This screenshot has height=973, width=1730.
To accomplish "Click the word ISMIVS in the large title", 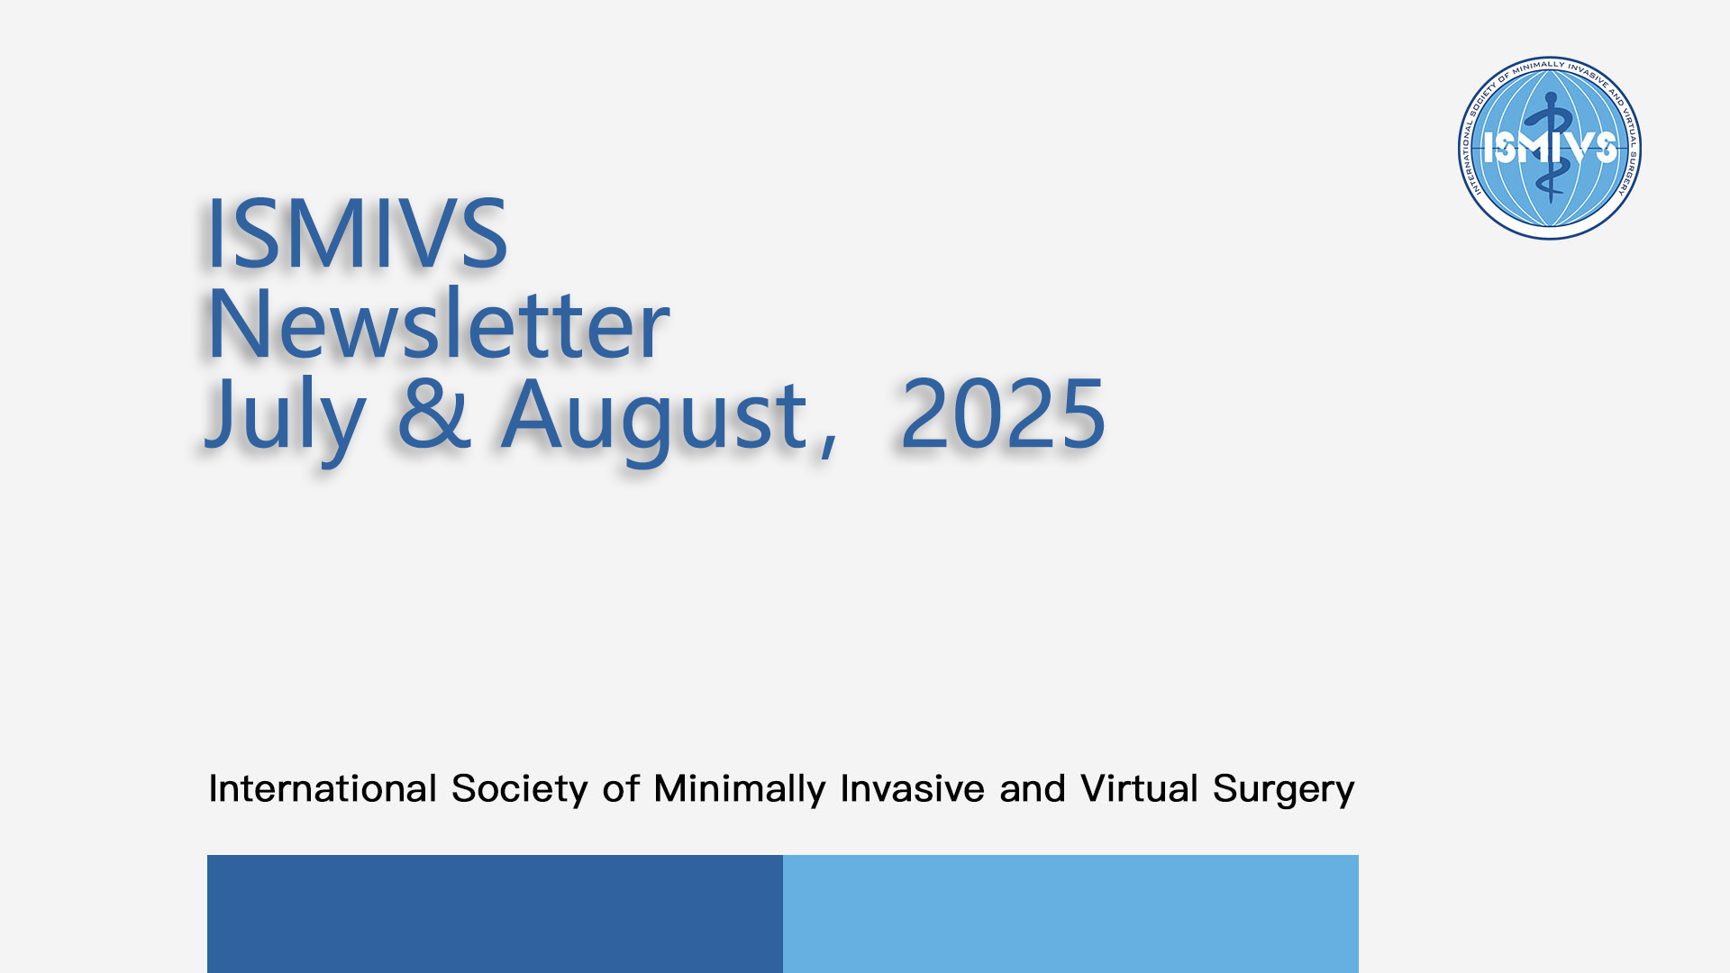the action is pyautogui.click(x=358, y=233).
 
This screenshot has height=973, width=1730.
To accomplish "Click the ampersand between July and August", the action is pyautogui.click(x=434, y=414).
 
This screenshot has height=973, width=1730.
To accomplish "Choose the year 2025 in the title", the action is pyautogui.click(x=1003, y=414).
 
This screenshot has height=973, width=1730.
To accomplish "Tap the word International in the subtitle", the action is pyautogui.click(x=323, y=788).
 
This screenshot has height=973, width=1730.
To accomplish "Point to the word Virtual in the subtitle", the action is pyautogui.click(x=1139, y=788).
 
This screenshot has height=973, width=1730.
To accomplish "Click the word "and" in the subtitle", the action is pyautogui.click(x=1032, y=788).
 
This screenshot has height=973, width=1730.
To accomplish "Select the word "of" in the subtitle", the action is pyautogui.click(x=621, y=788).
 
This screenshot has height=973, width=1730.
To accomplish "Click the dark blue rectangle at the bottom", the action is pyautogui.click(x=495, y=914).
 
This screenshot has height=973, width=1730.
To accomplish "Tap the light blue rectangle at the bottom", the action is pyautogui.click(x=1070, y=914).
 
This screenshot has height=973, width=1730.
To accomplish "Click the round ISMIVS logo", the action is pyautogui.click(x=1550, y=148).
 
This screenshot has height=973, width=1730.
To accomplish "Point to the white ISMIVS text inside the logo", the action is pyautogui.click(x=1550, y=147).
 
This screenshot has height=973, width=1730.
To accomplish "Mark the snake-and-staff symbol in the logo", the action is pyautogui.click(x=1550, y=147).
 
